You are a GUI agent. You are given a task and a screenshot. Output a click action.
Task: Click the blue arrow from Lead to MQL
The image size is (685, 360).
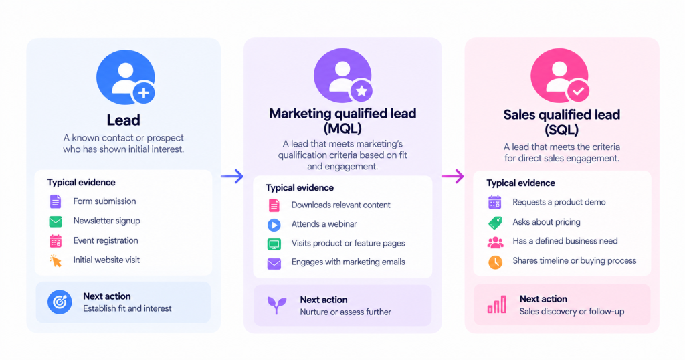(232, 176)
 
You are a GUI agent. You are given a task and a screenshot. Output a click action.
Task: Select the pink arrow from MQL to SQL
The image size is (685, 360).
(453, 176)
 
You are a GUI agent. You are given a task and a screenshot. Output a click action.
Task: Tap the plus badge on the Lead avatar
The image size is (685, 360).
(144, 92)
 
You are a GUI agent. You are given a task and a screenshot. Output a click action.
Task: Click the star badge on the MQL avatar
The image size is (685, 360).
(361, 91)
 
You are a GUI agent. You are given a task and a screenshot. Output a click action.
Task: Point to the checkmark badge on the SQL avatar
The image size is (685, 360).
(578, 91)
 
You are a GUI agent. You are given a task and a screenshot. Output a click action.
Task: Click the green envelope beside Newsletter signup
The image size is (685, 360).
(56, 221)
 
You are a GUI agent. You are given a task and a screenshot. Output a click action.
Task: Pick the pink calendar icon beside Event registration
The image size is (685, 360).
(56, 241)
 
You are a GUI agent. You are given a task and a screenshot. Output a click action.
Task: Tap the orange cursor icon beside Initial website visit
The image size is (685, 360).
(56, 260)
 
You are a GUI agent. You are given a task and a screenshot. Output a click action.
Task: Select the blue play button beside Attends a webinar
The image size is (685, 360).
(274, 225)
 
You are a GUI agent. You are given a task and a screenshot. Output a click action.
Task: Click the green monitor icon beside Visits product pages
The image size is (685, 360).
(274, 244)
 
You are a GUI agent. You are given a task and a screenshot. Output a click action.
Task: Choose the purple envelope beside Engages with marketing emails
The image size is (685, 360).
(274, 264)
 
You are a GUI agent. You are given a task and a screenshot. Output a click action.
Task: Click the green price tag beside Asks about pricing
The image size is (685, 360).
(495, 222)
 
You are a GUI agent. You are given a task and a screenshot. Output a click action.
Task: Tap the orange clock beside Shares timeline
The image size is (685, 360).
(495, 262)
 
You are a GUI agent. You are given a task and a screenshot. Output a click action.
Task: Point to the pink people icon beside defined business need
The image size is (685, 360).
(495, 242)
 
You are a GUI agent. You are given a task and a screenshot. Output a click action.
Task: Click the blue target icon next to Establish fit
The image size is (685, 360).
(60, 302)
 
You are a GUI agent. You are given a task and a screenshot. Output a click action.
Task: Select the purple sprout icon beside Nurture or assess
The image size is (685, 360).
(276, 305)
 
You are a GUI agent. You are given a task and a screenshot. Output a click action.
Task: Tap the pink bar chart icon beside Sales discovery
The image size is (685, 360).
(497, 304)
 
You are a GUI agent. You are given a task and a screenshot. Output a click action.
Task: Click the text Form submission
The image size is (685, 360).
(104, 201)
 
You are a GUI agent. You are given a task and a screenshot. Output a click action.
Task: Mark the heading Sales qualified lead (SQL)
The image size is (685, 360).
(561, 122)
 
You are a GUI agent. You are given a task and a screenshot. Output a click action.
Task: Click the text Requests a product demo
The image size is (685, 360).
(559, 202)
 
